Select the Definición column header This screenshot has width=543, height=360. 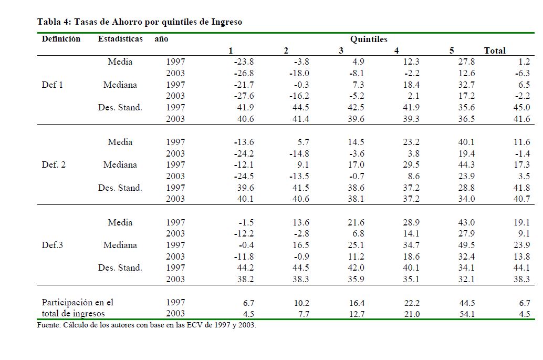61,39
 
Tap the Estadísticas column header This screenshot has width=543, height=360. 120,39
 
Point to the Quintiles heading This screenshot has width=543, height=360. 369,39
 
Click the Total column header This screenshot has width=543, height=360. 495,50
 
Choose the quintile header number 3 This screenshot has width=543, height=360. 341,50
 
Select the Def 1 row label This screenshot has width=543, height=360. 52,85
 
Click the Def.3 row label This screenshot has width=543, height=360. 53,245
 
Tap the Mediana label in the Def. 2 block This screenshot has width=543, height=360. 120,164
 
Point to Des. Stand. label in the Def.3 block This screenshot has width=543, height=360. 120,268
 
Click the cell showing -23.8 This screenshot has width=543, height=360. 244,62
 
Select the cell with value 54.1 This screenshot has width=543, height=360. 466,314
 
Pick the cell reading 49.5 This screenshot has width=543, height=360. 466,245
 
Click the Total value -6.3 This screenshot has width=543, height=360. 523,74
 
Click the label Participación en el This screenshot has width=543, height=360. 77,303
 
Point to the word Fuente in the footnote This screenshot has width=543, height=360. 49,325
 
